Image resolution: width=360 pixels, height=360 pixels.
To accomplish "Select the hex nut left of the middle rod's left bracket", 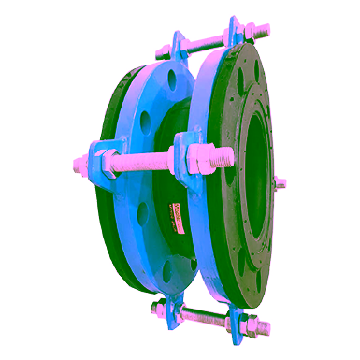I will point(105,156).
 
